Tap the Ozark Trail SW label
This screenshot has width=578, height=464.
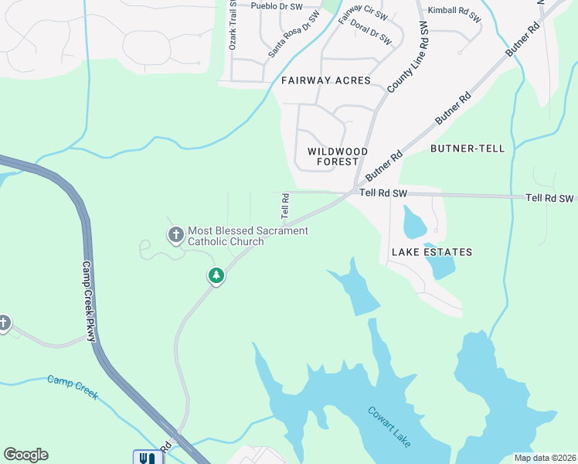(232, 26)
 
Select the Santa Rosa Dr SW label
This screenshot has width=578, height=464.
(294, 36)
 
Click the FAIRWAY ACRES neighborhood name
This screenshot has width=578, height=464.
(326, 80)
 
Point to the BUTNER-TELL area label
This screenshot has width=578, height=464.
(467, 148)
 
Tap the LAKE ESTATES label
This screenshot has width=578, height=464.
(431, 252)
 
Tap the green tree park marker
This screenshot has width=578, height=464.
(216, 275)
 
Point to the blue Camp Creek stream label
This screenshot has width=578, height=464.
(73, 387)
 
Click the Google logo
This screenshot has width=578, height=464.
(25, 455)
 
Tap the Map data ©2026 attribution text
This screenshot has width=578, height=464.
(545, 457)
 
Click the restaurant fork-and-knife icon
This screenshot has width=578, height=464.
(148, 457)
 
